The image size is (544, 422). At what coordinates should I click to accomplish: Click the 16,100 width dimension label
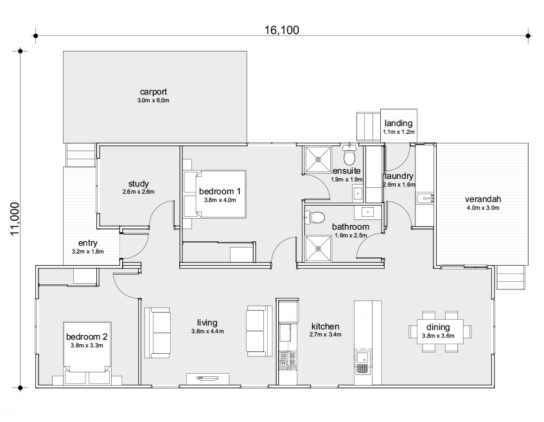(x=282, y=30)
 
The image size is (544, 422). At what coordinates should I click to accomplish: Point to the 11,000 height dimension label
(x=15, y=219)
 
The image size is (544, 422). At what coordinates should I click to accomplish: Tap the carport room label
(x=154, y=92)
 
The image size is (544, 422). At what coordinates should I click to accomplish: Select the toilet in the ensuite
(x=349, y=155)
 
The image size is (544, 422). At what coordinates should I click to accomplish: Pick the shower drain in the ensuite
(x=318, y=159)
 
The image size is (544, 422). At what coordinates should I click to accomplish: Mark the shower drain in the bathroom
(x=318, y=248)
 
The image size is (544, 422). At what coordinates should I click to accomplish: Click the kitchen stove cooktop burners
(x=288, y=360)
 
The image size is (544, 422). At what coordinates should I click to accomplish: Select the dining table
(x=440, y=331)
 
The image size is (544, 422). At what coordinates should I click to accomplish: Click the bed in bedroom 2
(x=87, y=353)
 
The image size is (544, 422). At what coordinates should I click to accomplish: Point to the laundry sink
(x=424, y=199)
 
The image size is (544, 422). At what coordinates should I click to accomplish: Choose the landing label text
(x=399, y=123)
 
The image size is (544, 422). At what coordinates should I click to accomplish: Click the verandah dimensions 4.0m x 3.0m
(x=483, y=208)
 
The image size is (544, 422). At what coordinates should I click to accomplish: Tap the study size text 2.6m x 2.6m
(x=139, y=192)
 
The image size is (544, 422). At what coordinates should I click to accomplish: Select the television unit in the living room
(x=207, y=379)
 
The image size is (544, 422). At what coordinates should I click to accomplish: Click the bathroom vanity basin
(x=367, y=212)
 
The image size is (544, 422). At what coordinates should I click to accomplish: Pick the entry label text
(x=88, y=243)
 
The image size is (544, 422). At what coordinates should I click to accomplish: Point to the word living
(x=207, y=323)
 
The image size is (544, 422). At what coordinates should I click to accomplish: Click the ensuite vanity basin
(x=357, y=193)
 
